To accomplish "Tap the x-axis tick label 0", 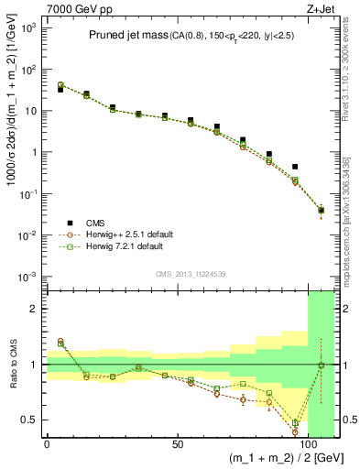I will click(x=47, y=444).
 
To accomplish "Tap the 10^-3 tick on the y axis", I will click(x=27, y=277).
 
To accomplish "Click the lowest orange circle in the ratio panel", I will click(x=295, y=431).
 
